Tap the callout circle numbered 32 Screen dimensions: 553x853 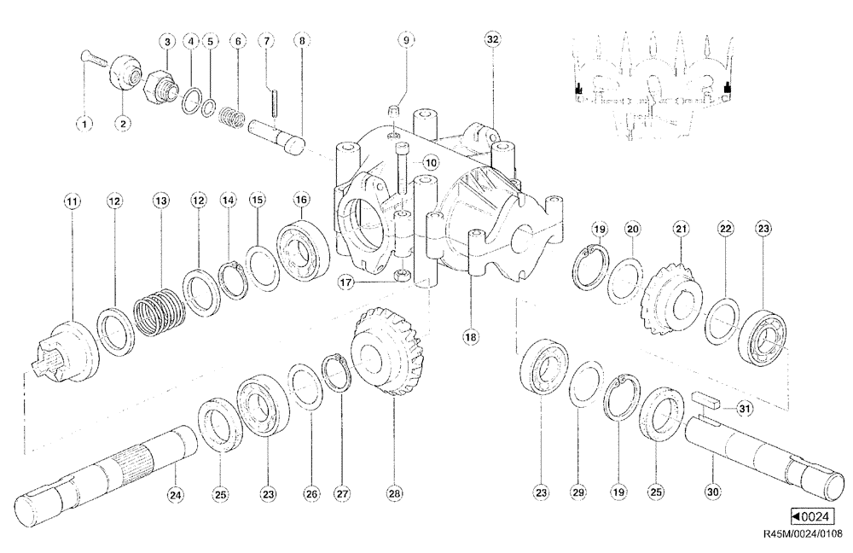[x=492, y=40]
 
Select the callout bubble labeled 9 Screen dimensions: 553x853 [x=407, y=40]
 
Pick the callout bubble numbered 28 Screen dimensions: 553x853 [x=394, y=492]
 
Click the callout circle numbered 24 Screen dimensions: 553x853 [x=175, y=492]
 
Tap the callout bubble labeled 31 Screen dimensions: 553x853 [x=745, y=411]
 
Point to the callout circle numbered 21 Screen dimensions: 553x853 [x=680, y=229]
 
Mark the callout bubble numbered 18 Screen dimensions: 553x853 [x=469, y=337]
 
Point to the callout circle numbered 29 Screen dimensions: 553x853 [x=578, y=492]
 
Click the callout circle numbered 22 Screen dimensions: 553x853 [x=725, y=229]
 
